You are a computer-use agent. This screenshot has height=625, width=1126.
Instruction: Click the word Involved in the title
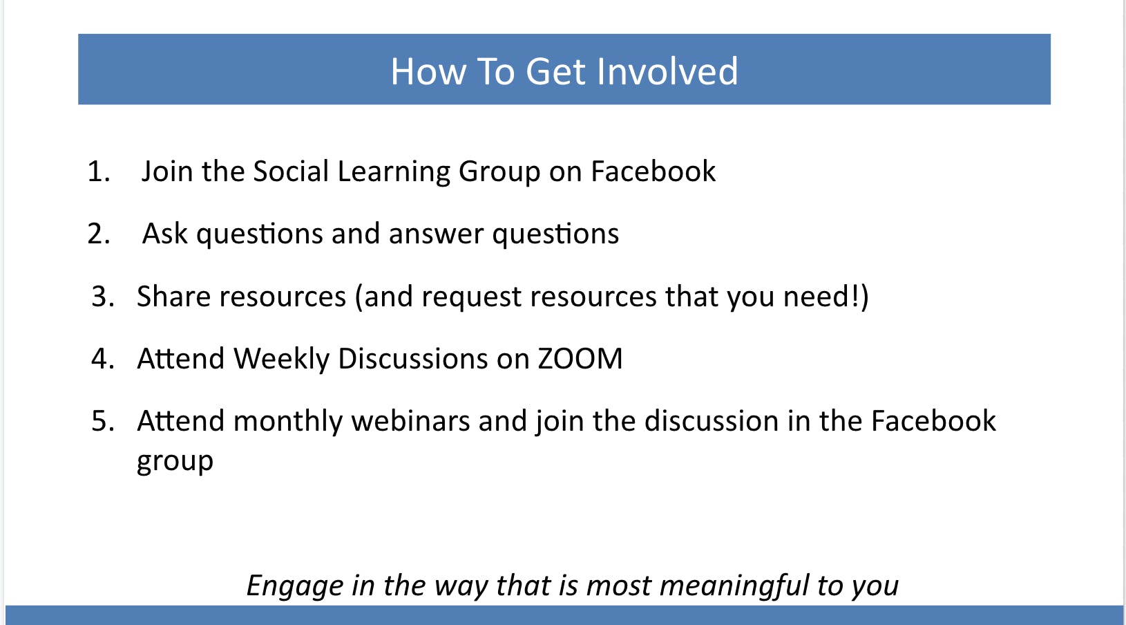point(667,71)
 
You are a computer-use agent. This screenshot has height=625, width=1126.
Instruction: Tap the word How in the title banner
point(429,71)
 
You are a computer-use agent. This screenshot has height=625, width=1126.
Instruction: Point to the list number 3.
point(103,296)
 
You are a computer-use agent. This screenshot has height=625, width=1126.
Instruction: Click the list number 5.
point(103,420)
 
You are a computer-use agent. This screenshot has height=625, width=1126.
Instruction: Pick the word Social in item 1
point(291,171)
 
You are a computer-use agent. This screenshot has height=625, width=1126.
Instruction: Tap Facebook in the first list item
point(653,171)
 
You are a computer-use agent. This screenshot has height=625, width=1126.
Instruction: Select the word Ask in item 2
point(165,234)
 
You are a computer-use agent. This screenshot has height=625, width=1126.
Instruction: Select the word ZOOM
point(580,359)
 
